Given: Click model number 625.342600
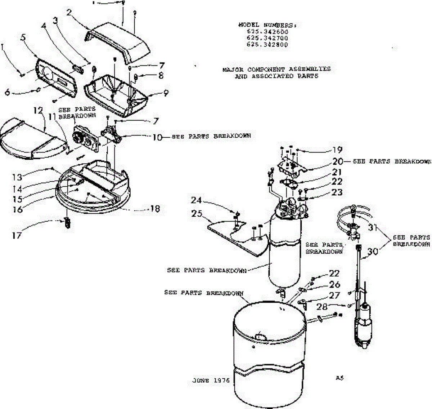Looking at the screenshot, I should tap(267, 32).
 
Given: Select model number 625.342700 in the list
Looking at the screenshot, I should tap(267, 38).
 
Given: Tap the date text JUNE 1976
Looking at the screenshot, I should tap(211, 381).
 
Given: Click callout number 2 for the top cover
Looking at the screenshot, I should tap(70, 13).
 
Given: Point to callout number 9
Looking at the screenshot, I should tap(165, 93).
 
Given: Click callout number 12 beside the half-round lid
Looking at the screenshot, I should tap(38, 110).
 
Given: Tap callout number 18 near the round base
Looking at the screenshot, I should tap(155, 208).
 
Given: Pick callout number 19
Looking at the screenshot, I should tap(337, 150).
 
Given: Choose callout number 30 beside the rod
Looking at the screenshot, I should tap(373, 252).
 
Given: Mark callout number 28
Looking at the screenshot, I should tap(323, 307).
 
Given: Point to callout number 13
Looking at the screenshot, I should tap(17, 177).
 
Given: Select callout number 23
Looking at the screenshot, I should tap(337, 192).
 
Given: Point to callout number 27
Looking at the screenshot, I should tap(334, 295).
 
